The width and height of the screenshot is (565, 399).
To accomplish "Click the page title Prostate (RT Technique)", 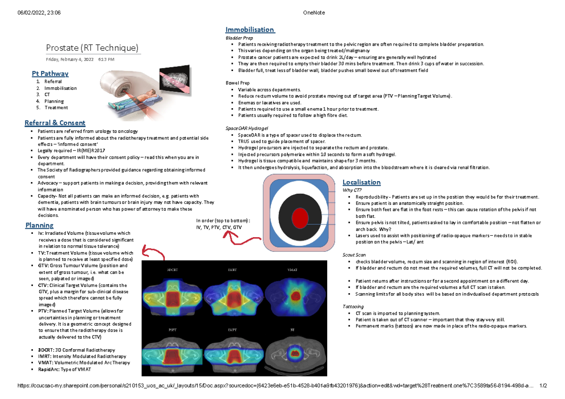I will click(x=92, y=48).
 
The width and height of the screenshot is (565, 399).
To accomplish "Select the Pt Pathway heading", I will click(x=50, y=73).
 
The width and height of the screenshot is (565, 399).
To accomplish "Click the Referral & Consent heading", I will click(x=55, y=123).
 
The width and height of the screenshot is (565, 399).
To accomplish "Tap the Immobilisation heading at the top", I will click(x=250, y=30).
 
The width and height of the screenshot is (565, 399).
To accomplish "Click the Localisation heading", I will click(x=361, y=182).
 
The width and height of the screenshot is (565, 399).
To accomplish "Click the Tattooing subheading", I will click(x=353, y=306).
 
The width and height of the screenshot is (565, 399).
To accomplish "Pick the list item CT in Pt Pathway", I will click(x=48, y=95).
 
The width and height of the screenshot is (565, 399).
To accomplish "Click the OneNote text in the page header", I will click(x=315, y=13).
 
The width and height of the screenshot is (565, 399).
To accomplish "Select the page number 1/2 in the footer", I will click(x=543, y=386).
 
